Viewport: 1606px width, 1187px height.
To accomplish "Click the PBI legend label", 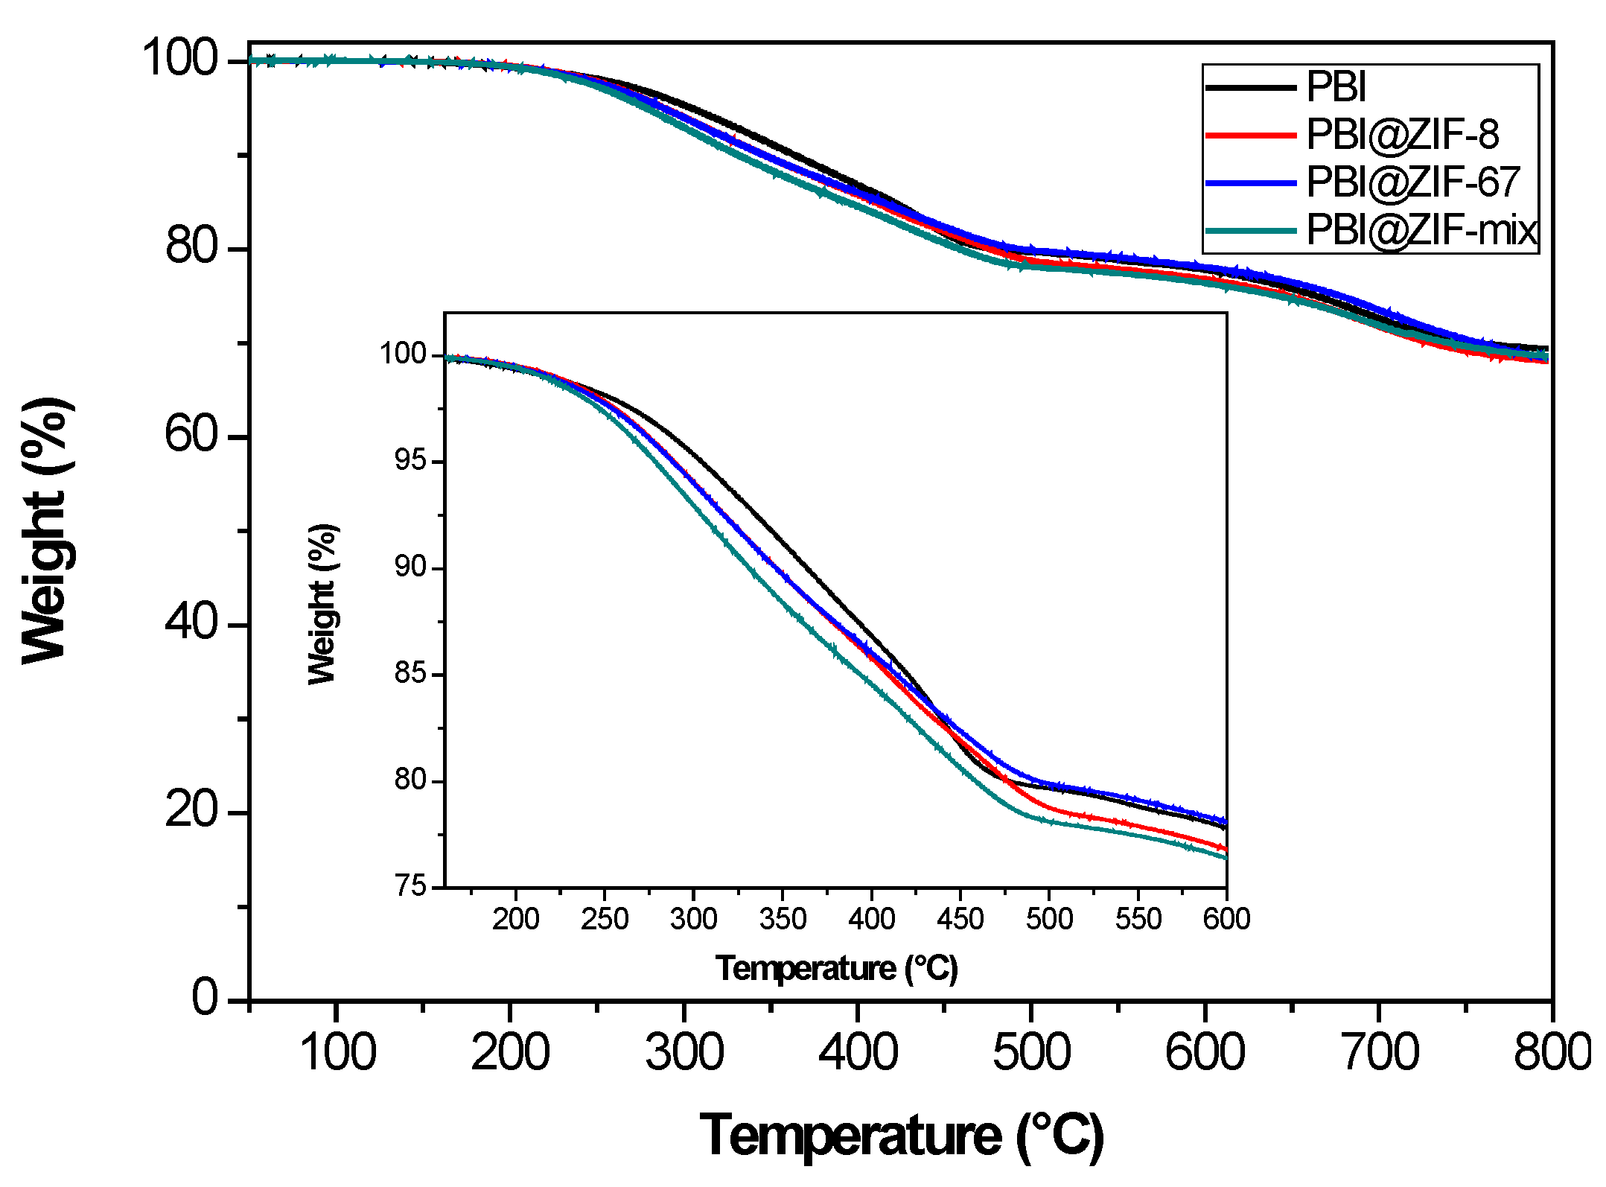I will click(1336, 87).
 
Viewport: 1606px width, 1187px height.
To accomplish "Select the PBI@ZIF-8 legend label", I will click(1403, 135).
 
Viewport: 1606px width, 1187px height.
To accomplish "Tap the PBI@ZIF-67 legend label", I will click(1412, 182).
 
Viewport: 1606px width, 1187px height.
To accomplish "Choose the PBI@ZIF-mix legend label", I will click(1421, 229).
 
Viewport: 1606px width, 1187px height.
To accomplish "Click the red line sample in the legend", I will click(1250, 136).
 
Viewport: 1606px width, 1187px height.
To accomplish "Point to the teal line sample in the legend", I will click(1250, 230).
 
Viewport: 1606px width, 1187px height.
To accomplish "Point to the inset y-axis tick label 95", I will click(410, 461).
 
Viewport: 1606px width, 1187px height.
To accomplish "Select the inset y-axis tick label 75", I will click(410, 886).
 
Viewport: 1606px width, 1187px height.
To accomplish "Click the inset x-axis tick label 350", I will click(783, 920).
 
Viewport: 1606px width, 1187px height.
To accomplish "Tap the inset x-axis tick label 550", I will click(1138, 920).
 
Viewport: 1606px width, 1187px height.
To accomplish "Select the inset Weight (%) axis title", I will click(322, 604).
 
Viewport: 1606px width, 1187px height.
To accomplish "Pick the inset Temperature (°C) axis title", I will click(836, 969).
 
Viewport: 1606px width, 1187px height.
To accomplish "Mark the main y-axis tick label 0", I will click(205, 998).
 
